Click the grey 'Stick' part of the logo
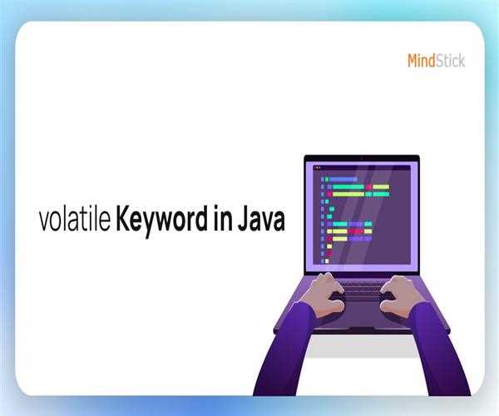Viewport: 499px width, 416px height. (451, 60)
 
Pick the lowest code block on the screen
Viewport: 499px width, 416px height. (327, 261)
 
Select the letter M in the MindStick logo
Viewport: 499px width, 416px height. (413, 60)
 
